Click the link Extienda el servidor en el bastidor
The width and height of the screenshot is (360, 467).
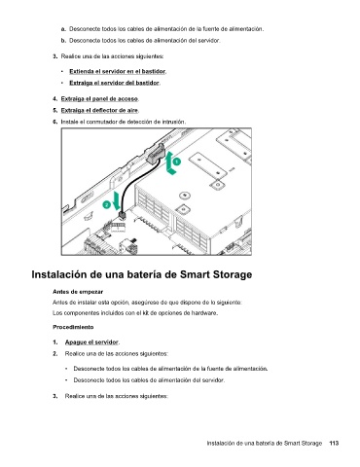tap(118, 71)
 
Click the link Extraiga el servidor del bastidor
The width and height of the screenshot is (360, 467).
tap(114, 83)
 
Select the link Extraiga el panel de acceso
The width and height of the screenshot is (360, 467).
tap(99, 98)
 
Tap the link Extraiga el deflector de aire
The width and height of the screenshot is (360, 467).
tap(99, 110)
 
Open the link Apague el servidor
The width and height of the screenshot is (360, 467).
tap(91, 342)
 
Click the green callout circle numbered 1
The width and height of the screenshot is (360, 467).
tap(176, 162)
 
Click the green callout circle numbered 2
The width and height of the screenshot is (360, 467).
tap(107, 204)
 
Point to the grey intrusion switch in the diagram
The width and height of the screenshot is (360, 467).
tap(156, 154)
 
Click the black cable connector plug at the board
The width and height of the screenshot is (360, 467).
tap(122, 215)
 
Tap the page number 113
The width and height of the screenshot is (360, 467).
tap(334, 443)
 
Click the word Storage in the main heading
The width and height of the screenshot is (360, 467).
tap(233, 274)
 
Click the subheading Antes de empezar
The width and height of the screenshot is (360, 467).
tap(78, 292)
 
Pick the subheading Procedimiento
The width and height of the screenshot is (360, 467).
tap(73, 327)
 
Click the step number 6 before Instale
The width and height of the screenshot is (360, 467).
tap(55, 122)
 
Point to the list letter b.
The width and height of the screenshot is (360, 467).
tap(63, 41)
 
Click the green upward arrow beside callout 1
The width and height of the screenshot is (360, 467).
tap(170, 163)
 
